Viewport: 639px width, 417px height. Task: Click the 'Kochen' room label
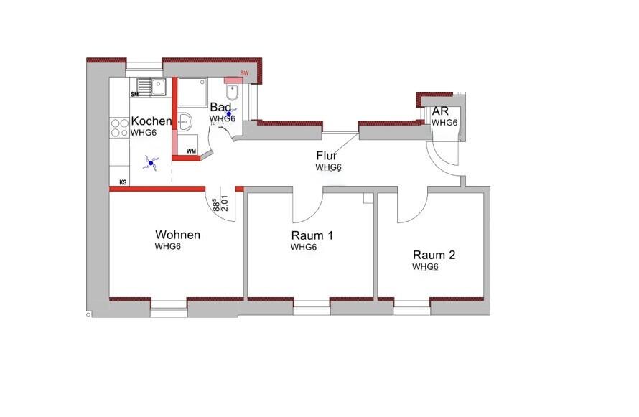(x=151, y=121)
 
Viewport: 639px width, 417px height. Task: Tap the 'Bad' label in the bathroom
(x=220, y=107)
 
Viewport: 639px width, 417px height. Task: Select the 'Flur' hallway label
(x=327, y=156)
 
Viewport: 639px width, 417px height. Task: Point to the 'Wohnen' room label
(x=177, y=235)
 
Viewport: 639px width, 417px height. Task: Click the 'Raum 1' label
(x=312, y=235)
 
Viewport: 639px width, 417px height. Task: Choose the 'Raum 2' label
(x=434, y=255)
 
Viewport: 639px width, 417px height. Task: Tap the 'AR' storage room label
(x=440, y=111)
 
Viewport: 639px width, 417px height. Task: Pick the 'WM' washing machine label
(x=191, y=151)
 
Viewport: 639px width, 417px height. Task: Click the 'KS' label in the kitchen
(x=123, y=182)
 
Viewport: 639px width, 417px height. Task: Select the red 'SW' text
(x=245, y=73)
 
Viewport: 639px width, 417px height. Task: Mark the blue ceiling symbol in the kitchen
(x=151, y=164)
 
